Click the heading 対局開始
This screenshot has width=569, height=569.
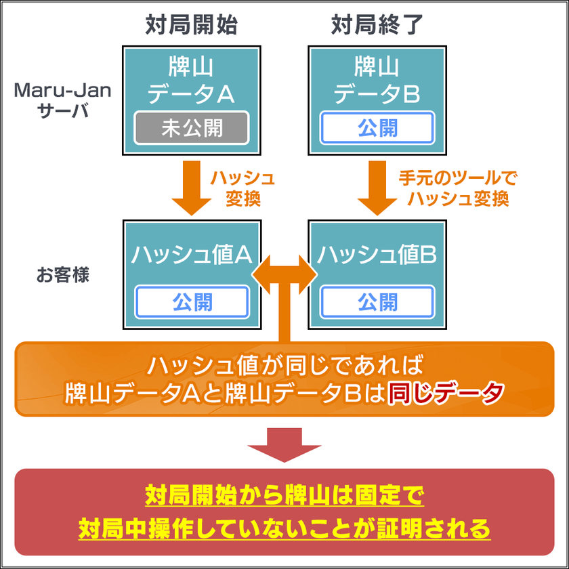pos(191,25)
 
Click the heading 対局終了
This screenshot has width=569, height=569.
pos(377,25)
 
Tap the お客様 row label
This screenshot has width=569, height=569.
pos(63,276)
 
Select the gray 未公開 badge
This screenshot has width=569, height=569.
pos(192,128)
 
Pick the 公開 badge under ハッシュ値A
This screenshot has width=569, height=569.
pos(192,302)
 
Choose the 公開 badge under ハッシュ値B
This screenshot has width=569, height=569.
pos(377,302)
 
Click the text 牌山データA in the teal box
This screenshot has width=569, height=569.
pos(192,80)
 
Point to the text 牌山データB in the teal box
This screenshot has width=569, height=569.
pos(377,80)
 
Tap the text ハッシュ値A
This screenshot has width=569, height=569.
pos(192,254)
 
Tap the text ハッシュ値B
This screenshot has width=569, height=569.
pos(377,254)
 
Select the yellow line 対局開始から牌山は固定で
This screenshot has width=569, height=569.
pos(284,497)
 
